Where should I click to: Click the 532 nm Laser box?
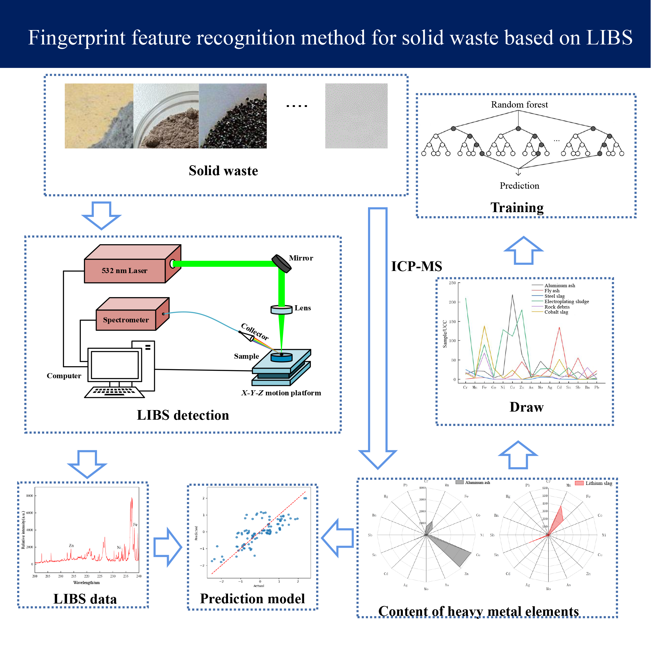click(x=125, y=270)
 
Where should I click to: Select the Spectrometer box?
click(x=126, y=320)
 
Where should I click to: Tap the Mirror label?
click(x=301, y=258)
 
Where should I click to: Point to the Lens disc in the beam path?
click(x=281, y=309)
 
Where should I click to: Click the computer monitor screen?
click(x=114, y=365)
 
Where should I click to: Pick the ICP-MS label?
click(x=416, y=266)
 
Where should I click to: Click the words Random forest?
click(x=519, y=105)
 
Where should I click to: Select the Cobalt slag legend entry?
click(x=556, y=312)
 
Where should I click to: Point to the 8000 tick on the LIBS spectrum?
click(x=30, y=496)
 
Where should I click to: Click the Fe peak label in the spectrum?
click(x=135, y=525)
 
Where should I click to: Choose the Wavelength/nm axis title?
click(x=86, y=583)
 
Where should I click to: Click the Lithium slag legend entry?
click(x=598, y=483)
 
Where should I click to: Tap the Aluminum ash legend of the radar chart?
click(x=477, y=482)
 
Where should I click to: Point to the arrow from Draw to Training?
click(x=523, y=250)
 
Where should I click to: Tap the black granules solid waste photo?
click(x=233, y=116)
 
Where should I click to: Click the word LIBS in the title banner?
click(x=609, y=38)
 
